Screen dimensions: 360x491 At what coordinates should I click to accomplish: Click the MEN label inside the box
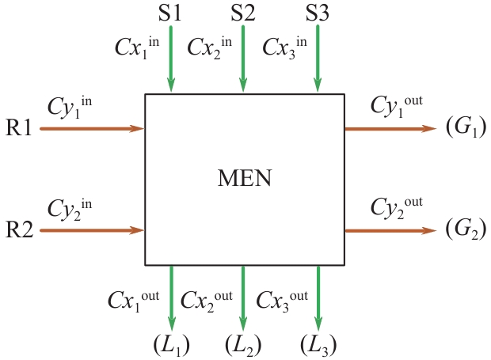click(x=244, y=179)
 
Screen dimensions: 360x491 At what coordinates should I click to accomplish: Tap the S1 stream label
click(x=170, y=13)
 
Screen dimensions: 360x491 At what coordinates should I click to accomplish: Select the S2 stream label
click(x=243, y=13)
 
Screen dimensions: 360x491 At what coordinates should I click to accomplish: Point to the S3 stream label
click(x=318, y=13)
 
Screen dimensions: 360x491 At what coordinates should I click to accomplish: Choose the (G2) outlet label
click(x=465, y=231)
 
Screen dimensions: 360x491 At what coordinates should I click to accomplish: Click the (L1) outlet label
click(x=171, y=346)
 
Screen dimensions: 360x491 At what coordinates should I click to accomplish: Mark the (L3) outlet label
click(x=318, y=346)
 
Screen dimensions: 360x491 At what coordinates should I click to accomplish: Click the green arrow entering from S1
click(x=170, y=59)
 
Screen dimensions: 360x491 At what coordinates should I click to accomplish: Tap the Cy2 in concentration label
click(x=69, y=210)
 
